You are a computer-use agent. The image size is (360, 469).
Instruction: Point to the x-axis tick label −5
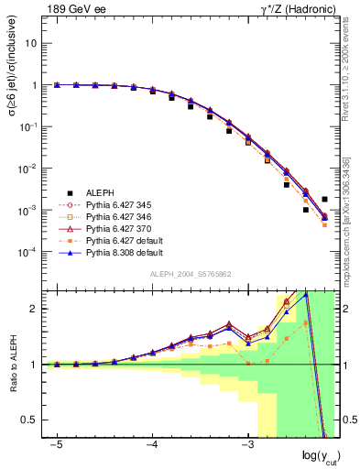57,445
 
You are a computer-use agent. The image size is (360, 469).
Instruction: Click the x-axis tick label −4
152,445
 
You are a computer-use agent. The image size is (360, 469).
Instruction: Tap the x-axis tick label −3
247,445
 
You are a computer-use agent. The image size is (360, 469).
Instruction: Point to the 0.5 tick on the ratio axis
34,420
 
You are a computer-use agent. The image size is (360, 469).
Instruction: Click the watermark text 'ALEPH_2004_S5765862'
190,275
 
